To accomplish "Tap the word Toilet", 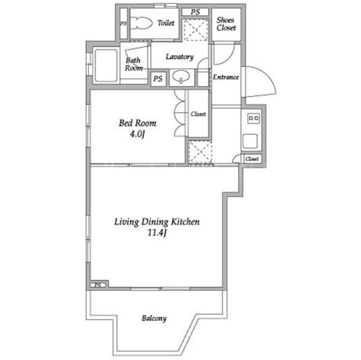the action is pos(166,23).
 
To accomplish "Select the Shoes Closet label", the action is pos(226,24).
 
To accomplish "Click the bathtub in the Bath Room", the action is pos(106,65).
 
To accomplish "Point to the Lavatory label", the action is pos(179,57).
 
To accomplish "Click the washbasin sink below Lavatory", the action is pos(181,76).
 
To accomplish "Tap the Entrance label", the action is pos(226,77).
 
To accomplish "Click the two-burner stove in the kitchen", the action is pos(253,118).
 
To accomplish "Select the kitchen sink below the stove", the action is pos(250,141).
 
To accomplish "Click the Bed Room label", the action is pos(138,123).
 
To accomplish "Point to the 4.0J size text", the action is pos(137,134).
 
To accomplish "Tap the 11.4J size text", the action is pos(157,233).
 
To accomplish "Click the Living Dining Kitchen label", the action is pos(157,222).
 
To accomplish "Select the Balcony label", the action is pos(154,318).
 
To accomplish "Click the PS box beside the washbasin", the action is pos(158,79).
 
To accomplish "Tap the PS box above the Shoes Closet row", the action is pos(195,12).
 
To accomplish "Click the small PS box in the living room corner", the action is pos(98,285).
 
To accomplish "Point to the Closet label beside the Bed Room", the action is pos(198,114).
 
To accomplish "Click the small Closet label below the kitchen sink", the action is pos(252,159).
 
